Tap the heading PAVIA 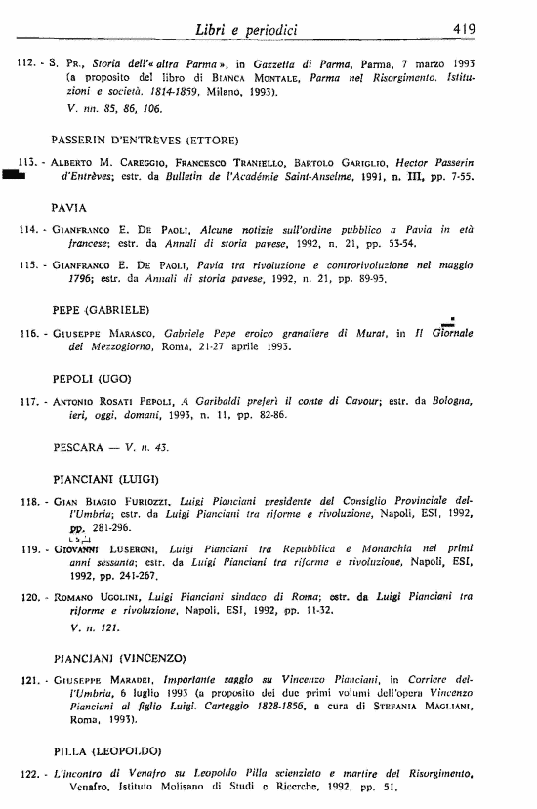(x=69, y=208)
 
